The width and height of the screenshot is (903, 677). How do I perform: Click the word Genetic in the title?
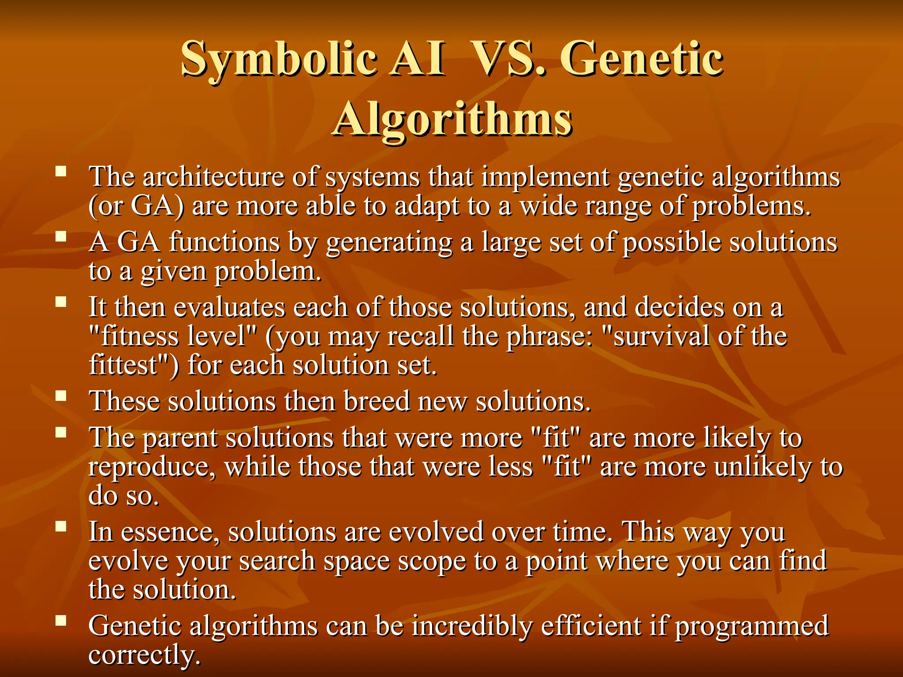click(x=643, y=59)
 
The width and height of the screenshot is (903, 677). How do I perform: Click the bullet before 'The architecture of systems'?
click(x=61, y=171)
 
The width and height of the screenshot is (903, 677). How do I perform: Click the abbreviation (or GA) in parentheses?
click(x=136, y=206)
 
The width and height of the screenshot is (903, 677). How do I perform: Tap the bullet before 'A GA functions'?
click(x=61, y=237)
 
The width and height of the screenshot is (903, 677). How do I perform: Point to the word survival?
click(x=657, y=336)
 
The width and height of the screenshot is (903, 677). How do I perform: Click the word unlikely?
click(x=763, y=467)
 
